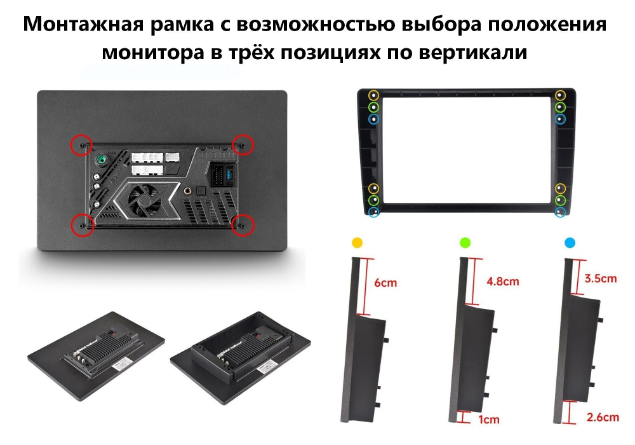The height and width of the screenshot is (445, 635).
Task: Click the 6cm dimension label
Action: [385, 282]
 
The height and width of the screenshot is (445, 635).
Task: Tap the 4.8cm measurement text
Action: [502, 281]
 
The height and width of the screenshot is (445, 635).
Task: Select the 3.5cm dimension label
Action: [600, 278]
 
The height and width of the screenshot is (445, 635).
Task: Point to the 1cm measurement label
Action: [489, 419]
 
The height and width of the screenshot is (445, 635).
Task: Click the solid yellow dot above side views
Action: [357, 242]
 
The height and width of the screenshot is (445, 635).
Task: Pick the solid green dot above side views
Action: [465, 242]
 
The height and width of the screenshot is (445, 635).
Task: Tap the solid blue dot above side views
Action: [570, 242]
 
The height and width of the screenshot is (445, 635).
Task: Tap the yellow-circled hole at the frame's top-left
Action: [373, 95]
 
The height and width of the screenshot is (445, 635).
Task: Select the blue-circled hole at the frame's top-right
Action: [560, 119]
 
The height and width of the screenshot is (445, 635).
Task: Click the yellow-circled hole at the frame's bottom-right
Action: [560, 188]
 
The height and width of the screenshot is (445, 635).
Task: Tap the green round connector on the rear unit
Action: [100, 160]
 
